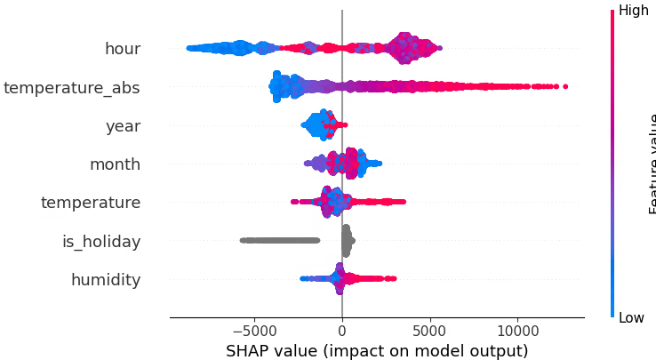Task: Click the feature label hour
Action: (123, 49)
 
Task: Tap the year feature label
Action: (123, 126)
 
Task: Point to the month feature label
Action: (115, 164)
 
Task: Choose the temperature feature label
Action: (91, 203)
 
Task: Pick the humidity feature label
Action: (106, 280)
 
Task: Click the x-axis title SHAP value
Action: (377, 349)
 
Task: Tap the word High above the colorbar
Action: (634, 10)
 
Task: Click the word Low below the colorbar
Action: (632, 317)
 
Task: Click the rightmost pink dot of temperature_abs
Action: (565, 86)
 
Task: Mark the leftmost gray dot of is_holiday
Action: (242, 240)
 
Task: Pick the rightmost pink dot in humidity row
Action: (394, 279)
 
